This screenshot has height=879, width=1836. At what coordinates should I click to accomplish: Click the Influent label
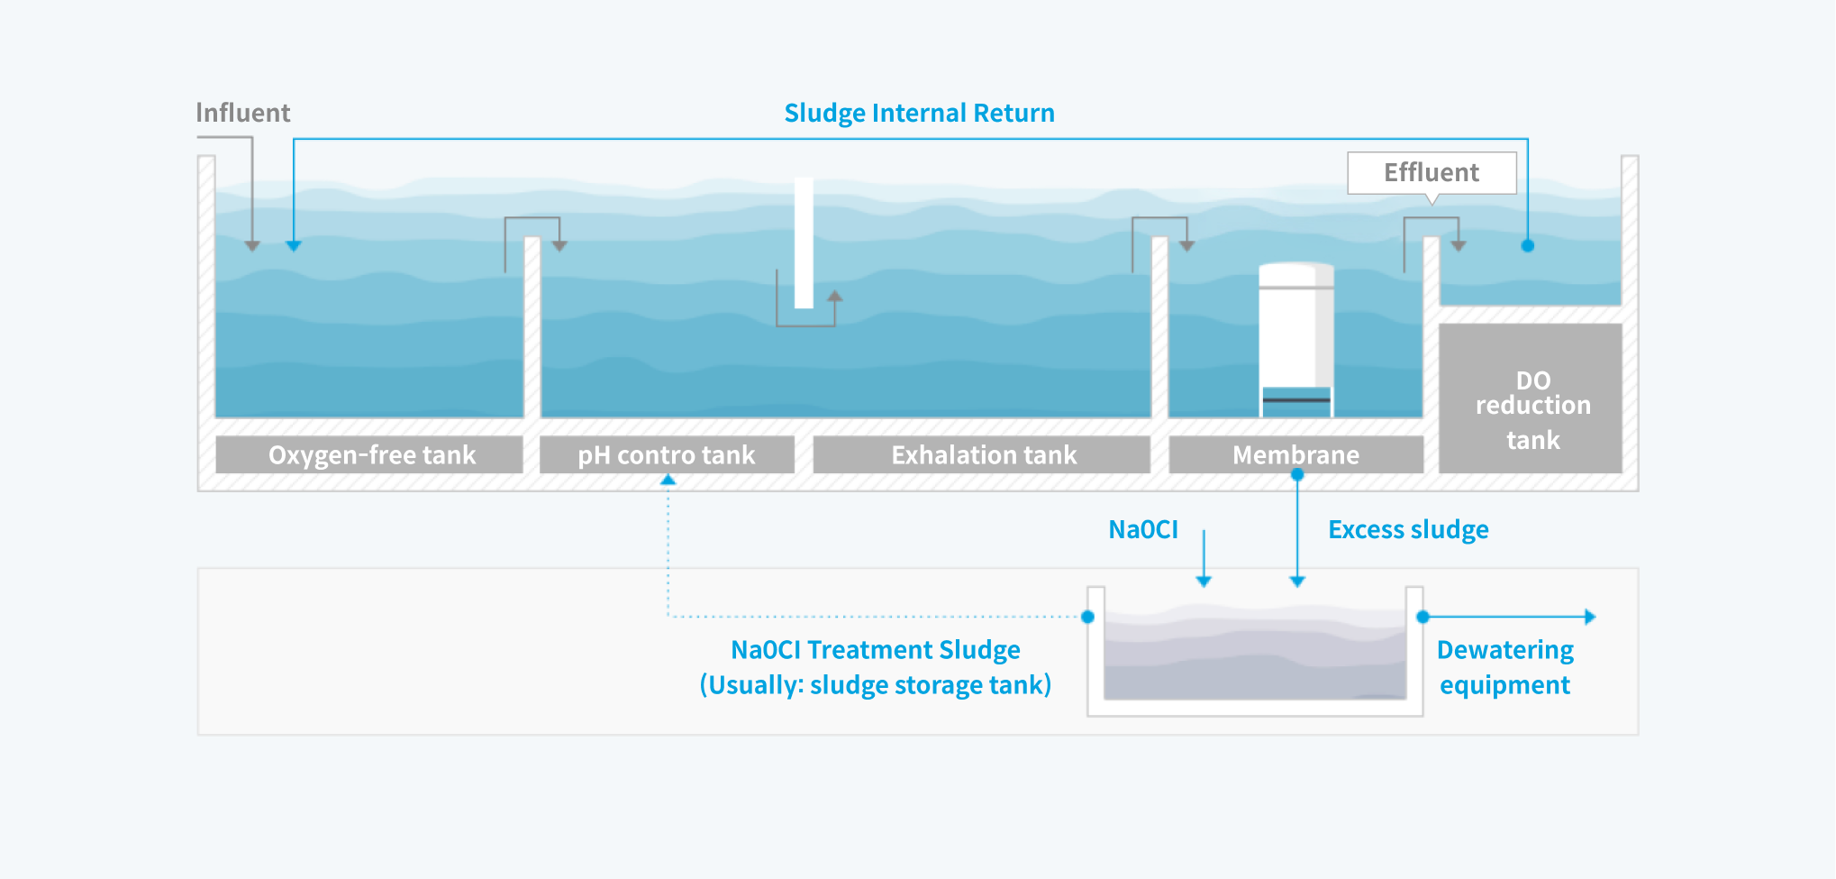pos(243,113)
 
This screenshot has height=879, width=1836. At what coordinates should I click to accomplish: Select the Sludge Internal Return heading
pos(919,114)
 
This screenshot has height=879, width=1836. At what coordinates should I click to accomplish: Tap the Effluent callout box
pos(1432,172)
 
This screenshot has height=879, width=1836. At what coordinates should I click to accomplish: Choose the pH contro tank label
pos(667,455)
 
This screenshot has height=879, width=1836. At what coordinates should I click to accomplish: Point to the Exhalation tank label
pos(983,455)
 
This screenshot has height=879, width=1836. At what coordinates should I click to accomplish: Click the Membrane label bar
pos(1296,455)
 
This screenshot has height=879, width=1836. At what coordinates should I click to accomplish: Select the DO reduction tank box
pos(1531,398)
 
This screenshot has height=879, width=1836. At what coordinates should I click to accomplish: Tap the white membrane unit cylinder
pos(1296,339)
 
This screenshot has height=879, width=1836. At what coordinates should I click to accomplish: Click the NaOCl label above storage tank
pos(1143,529)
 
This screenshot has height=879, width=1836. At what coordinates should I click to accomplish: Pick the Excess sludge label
pos(1408,530)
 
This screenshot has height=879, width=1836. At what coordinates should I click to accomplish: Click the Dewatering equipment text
pos(1504,667)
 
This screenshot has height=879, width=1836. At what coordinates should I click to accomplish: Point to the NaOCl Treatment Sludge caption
pos(876,667)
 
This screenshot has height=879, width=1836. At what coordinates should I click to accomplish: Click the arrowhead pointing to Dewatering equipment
pos(1590,617)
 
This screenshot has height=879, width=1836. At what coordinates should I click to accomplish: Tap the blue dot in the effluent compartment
pos(1528,245)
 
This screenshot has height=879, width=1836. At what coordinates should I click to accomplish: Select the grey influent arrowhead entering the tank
pos(252,245)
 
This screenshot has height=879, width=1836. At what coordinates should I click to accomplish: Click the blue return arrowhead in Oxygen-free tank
pos(294,245)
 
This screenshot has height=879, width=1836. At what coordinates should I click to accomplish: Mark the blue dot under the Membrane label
pos(1297,474)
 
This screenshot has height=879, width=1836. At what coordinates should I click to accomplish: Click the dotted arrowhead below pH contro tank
pos(668,481)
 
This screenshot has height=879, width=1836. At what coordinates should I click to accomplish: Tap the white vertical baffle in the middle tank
pos(804,243)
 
